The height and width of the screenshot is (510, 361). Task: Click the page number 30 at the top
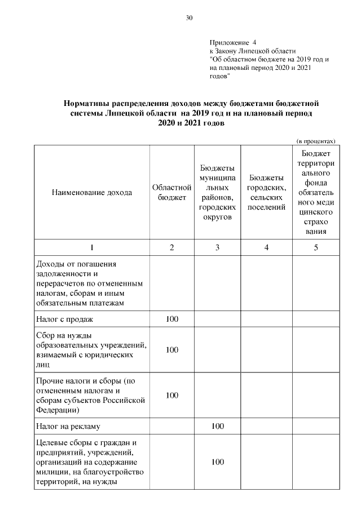click(189, 18)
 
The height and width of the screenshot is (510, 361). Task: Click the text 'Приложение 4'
click(232, 42)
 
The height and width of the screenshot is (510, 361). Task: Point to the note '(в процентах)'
click(316, 141)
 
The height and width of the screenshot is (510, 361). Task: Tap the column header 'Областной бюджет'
click(171, 193)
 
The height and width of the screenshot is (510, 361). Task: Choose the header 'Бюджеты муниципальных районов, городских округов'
click(217, 193)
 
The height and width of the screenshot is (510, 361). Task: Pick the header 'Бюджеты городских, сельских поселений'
click(266, 193)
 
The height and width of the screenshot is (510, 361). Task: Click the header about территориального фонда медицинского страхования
click(316, 193)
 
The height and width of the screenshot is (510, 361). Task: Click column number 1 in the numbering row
click(92, 248)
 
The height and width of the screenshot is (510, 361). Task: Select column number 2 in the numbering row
click(171, 248)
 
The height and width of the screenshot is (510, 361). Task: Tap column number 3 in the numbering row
click(217, 248)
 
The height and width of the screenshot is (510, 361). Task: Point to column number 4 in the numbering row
click(266, 248)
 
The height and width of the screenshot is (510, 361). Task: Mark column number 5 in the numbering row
click(316, 248)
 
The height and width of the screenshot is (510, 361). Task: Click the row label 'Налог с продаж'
click(64, 320)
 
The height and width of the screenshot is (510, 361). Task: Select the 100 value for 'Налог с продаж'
click(171, 320)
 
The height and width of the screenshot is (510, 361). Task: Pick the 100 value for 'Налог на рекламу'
click(217, 427)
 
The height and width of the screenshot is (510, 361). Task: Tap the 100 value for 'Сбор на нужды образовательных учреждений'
click(171, 350)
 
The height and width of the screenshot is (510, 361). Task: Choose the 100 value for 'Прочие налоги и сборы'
click(171, 396)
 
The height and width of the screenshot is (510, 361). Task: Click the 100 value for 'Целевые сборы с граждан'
click(217, 462)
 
